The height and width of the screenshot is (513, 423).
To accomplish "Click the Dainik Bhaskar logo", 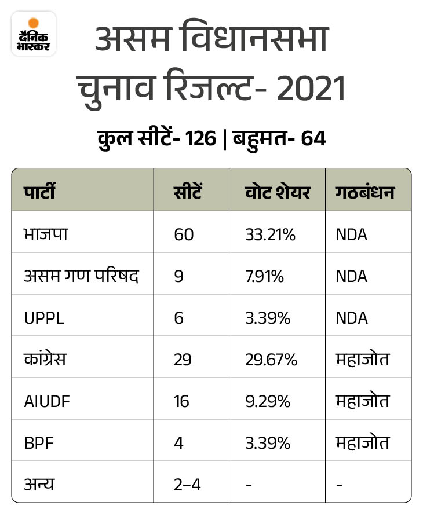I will tap(34, 34).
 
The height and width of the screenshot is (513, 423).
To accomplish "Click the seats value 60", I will tap(184, 234).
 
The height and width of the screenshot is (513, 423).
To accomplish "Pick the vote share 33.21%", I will tap(271, 234).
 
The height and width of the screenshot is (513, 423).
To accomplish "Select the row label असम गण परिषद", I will tap(81, 276).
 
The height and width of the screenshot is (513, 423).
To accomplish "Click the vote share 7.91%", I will tap(265, 276).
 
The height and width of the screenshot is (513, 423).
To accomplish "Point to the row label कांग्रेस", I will tap(45, 360).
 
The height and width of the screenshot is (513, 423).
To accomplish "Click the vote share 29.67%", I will tap(272, 360).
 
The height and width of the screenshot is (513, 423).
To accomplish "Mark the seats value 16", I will tap(182, 401).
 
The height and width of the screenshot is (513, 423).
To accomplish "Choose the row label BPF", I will tap(37, 443).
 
